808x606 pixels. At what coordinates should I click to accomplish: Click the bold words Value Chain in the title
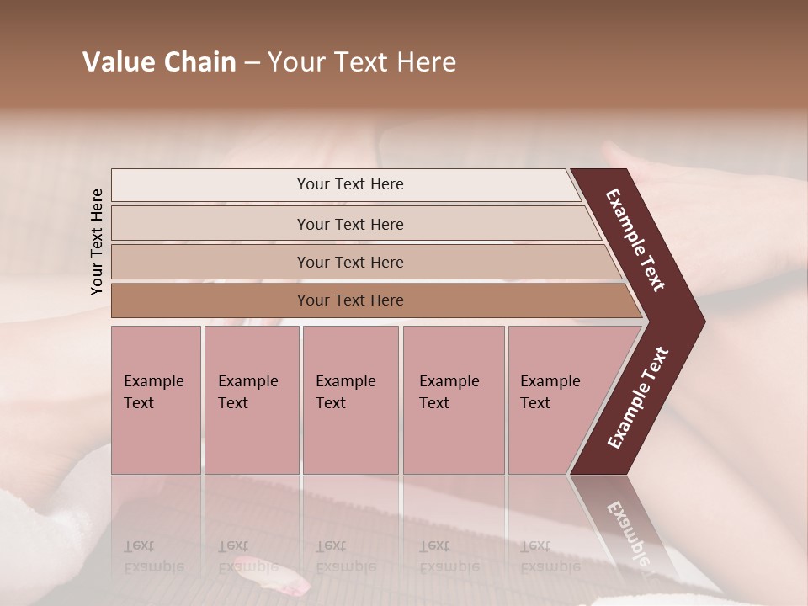(x=159, y=62)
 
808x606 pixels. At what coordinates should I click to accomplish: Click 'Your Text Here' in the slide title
(x=362, y=62)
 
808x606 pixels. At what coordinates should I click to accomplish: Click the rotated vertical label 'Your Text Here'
(x=97, y=242)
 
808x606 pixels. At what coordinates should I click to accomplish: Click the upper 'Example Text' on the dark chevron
(x=635, y=240)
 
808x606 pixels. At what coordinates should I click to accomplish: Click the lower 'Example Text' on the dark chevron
(x=637, y=398)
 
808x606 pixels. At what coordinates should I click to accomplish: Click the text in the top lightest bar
(x=350, y=184)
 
